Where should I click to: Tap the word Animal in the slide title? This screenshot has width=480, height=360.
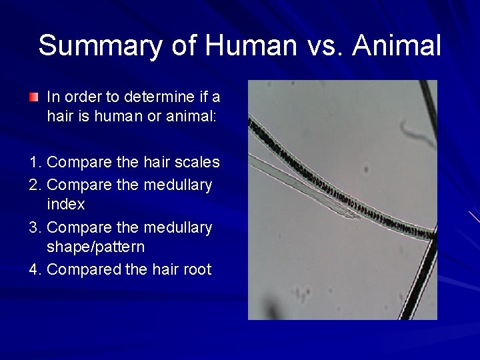click(x=397, y=45)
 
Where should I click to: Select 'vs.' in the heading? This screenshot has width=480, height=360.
click(x=325, y=45)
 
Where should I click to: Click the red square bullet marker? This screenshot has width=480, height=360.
click(x=33, y=97)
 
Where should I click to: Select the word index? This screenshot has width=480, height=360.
click(x=66, y=204)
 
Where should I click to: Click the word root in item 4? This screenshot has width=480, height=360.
click(x=197, y=269)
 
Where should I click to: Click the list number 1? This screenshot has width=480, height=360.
click(x=35, y=162)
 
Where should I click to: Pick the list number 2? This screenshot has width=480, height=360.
click(x=35, y=184)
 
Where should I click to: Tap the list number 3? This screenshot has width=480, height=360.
click(x=35, y=227)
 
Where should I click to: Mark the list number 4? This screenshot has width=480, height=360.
click(x=35, y=269)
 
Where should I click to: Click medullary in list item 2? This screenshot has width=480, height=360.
click(x=181, y=184)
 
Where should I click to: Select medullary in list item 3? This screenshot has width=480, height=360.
click(x=181, y=227)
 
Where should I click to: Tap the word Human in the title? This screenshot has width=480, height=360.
click(x=251, y=45)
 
